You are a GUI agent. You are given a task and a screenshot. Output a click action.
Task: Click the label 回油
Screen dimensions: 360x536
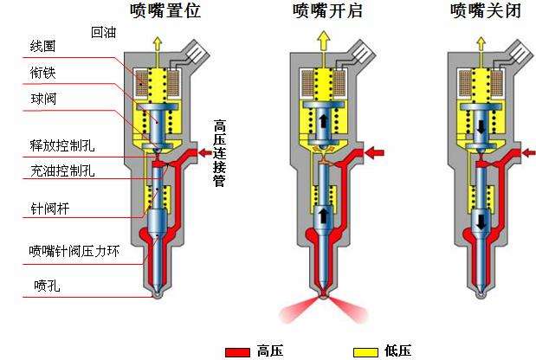pyautogui.click(x=105, y=34)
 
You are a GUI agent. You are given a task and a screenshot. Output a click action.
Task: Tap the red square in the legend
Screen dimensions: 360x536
pyautogui.click(x=237, y=350)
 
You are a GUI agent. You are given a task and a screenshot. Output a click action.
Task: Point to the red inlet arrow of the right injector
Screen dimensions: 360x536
pyautogui.click(x=526, y=152)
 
